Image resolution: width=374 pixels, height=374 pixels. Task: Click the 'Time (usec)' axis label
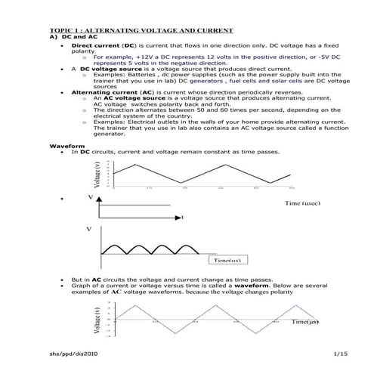coord(304,203)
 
